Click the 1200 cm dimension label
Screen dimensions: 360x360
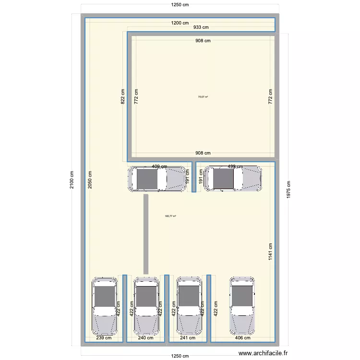tap(180, 23)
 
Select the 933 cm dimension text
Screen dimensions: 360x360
tap(201, 28)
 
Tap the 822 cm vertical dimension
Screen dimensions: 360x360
tap(123, 98)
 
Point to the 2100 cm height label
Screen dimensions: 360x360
tap(72, 180)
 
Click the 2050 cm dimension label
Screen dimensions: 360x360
tap(90, 180)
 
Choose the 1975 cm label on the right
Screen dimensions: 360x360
tap(288, 190)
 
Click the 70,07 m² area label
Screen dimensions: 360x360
tap(203, 97)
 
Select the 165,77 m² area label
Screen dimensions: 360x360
tap(170, 216)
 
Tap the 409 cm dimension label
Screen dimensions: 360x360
tap(159, 167)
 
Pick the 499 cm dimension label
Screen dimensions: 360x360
tap(235, 167)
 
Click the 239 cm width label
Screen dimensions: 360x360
tap(103, 338)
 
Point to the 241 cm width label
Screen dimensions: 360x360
tap(188, 338)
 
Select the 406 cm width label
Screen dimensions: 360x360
tap(243, 338)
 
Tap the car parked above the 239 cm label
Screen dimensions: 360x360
tap(105, 306)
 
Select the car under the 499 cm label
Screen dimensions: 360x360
tap(233, 179)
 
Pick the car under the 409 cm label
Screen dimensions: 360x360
tap(157, 179)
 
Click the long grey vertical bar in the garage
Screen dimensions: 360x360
tap(145, 234)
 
